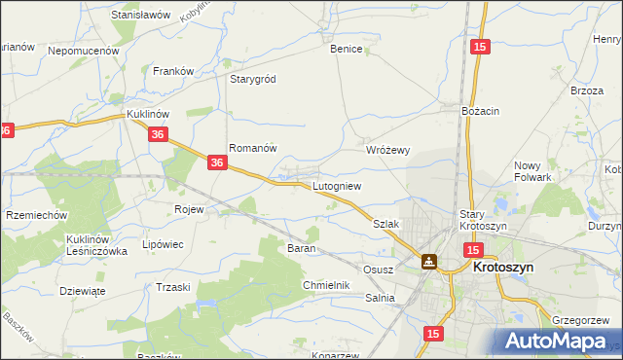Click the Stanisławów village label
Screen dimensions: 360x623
(x=141, y=16)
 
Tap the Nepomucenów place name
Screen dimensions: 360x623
(x=83, y=50)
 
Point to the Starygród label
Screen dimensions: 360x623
(x=255, y=79)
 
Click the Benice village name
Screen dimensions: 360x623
(x=347, y=49)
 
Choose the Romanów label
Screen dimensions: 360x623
(x=253, y=148)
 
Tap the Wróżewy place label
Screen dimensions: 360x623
(x=387, y=150)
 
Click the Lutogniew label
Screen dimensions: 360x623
(x=337, y=185)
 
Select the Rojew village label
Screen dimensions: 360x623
(x=188, y=209)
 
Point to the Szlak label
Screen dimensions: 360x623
(x=386, y=223)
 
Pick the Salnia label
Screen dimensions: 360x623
(x=381, y=298)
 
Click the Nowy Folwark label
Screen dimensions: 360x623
(x=532, y=171)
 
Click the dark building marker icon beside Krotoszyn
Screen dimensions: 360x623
(x=428, y=261)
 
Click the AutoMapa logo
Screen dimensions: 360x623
(x=556, y=341)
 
